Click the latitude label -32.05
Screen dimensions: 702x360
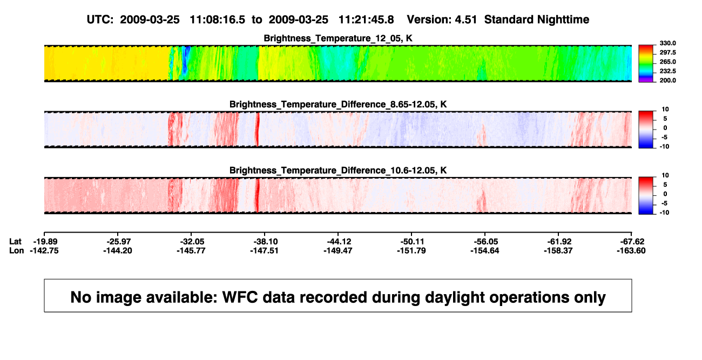click(x=191, y=242)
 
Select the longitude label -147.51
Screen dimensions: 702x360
click(x=264, y=250)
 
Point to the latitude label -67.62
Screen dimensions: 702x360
click(x=632, y=242)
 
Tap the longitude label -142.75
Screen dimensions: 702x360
click(x=44, y=250)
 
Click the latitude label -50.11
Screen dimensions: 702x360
click(x=411, y=242)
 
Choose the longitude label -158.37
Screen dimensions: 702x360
click(x=558, y=250)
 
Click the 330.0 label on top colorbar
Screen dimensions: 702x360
click(x=667, y=43)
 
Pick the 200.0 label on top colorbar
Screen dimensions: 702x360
click(x=667, y=80)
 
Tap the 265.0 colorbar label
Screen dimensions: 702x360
click(x=667, y=62)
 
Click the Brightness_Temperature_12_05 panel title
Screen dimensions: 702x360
click(x=338, y=38)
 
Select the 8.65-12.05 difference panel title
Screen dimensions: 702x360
click(x=338, y=104)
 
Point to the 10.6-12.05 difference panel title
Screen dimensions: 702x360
click(x=338, y=171)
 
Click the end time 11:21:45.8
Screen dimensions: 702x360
click(x=366, y=19)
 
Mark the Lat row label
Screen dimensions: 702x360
click(x=15, y=242)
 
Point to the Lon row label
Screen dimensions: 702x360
click(x=16, y=250)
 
